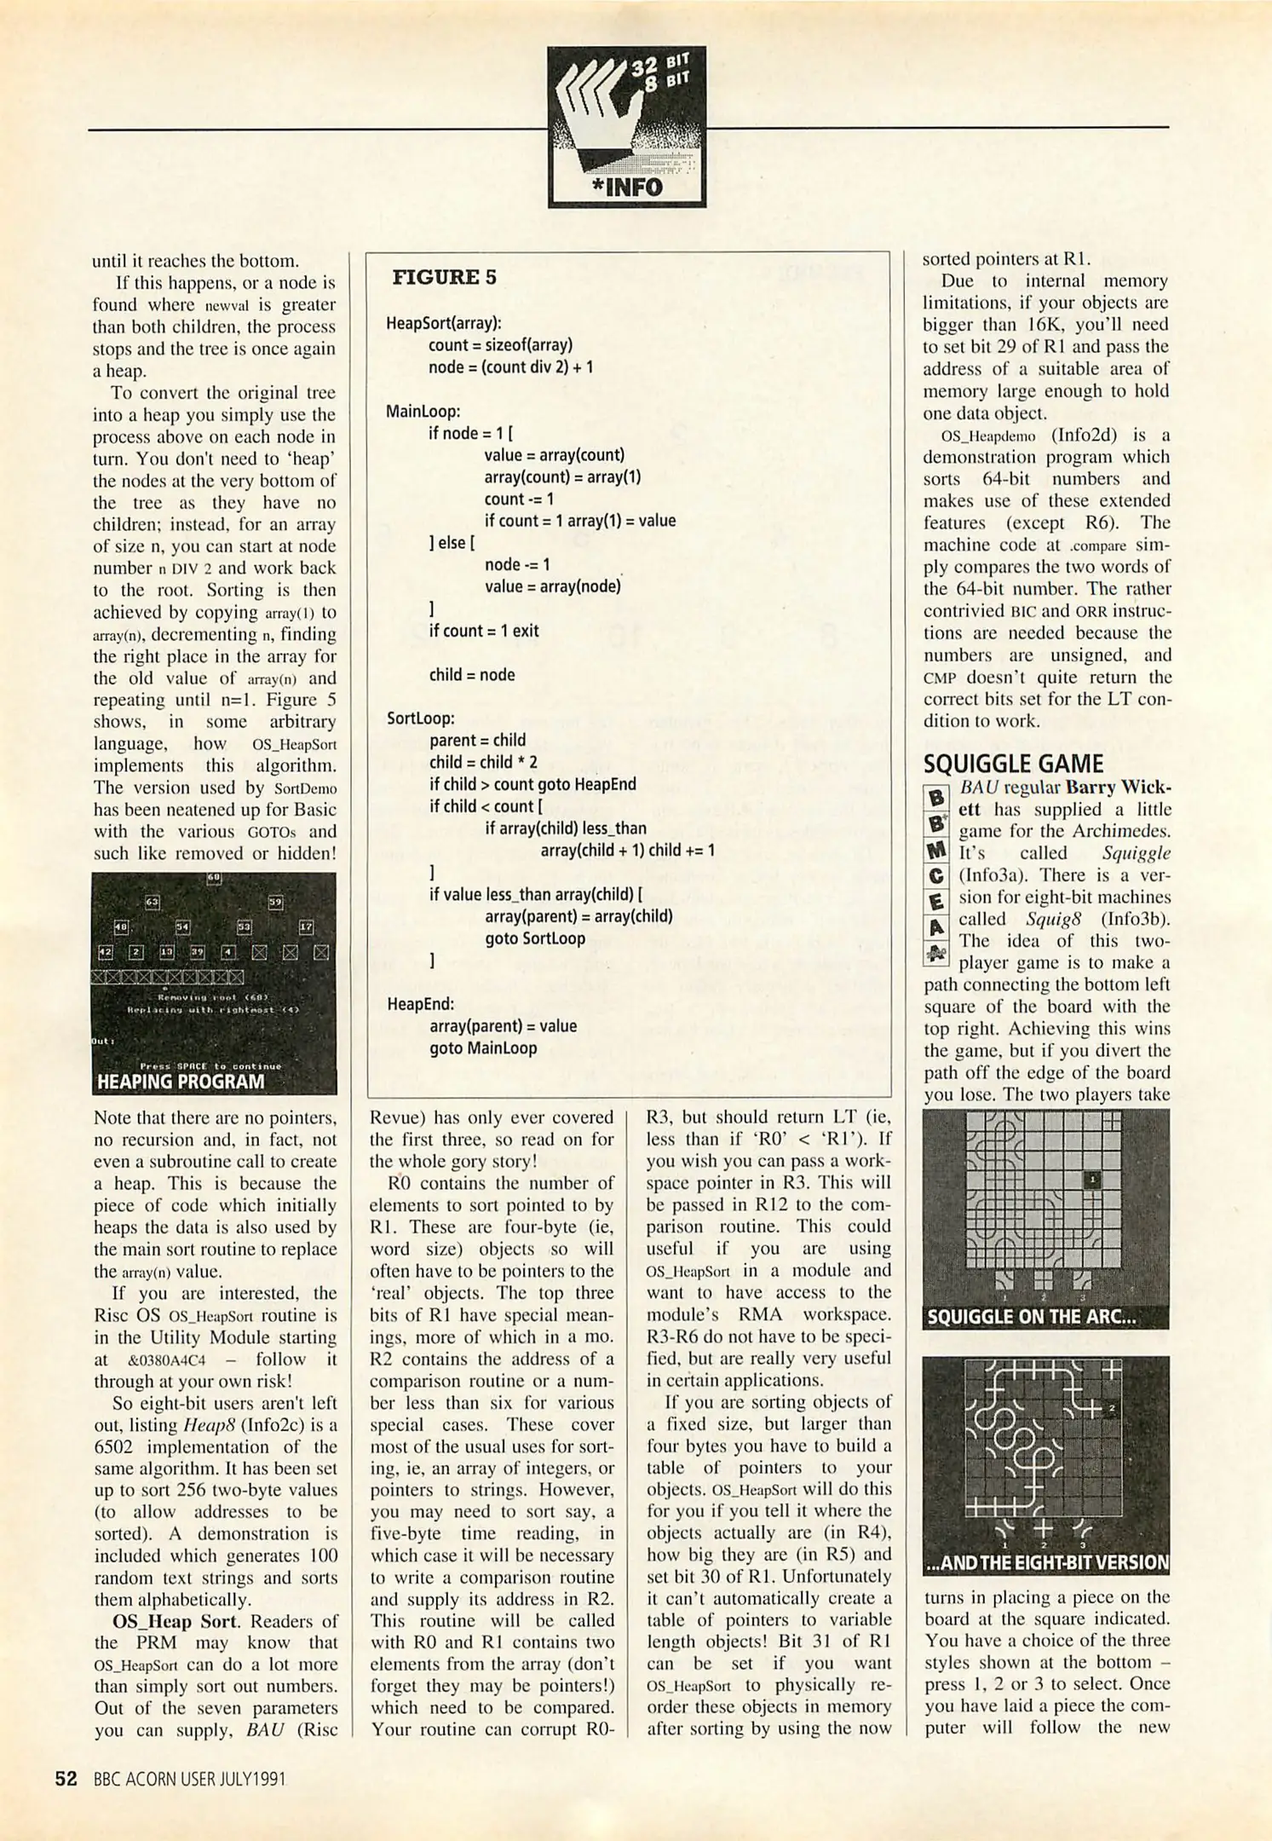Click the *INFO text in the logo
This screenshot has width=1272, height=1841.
627,187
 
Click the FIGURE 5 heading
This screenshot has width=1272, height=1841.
444,277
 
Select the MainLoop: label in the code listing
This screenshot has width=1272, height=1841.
423,412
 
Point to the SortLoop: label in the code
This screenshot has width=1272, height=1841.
420,719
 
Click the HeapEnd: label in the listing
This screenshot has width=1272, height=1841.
420,1004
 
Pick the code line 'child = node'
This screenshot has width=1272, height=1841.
472,675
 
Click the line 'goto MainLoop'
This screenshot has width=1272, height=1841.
483,1048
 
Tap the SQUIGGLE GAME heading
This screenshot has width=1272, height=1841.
1013,764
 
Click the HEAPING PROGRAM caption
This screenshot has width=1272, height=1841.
181,1082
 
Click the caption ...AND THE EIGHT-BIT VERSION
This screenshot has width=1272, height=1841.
1046,1562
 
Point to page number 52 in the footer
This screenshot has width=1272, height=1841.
66,1779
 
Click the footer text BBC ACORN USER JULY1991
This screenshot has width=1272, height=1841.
189,1780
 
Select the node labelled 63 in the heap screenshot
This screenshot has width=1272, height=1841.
153,902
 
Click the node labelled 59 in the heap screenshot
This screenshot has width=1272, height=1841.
275,902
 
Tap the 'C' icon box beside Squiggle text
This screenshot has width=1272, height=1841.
936,875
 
